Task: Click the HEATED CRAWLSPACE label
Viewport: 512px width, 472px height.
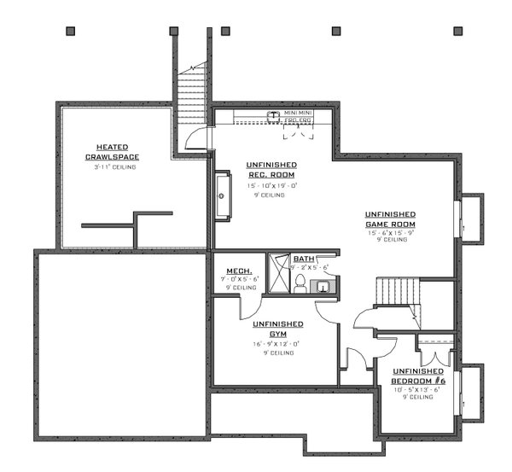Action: click(112, 151)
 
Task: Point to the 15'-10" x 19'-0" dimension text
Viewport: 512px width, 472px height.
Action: click(272, 185)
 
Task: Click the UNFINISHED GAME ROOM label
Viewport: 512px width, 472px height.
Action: click(390, 219)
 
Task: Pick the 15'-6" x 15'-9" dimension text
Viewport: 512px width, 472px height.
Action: click(391, 233)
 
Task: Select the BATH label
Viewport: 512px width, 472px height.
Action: click(303, 259)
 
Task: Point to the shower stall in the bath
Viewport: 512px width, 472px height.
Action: click(277, 273)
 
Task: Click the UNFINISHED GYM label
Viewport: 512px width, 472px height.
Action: click(278, 329)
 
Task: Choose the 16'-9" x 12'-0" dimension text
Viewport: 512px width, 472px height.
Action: click(274, 344)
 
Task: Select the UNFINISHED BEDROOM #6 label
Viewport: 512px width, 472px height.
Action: click(418, 376)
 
